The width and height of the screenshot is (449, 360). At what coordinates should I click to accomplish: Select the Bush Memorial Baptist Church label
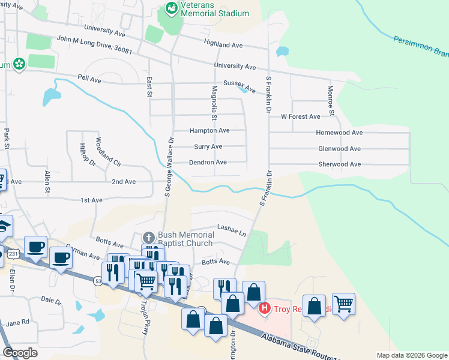(185, 239)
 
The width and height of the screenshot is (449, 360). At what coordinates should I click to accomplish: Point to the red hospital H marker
(264, 309)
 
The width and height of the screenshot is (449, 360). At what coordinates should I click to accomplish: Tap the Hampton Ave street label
(209, 130)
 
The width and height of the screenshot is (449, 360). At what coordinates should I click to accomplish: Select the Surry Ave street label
(208, 146)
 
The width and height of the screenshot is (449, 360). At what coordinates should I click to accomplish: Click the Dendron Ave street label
(208, 162)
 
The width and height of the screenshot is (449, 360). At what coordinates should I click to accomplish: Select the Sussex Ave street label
(240, 83)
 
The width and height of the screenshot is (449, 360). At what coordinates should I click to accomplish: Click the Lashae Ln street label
(232, 230)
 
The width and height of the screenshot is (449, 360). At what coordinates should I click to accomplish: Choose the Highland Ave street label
(223, 44)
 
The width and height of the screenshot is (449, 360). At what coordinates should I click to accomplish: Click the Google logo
(20, 353)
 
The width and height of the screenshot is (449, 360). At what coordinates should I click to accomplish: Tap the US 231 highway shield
(13, 254)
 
